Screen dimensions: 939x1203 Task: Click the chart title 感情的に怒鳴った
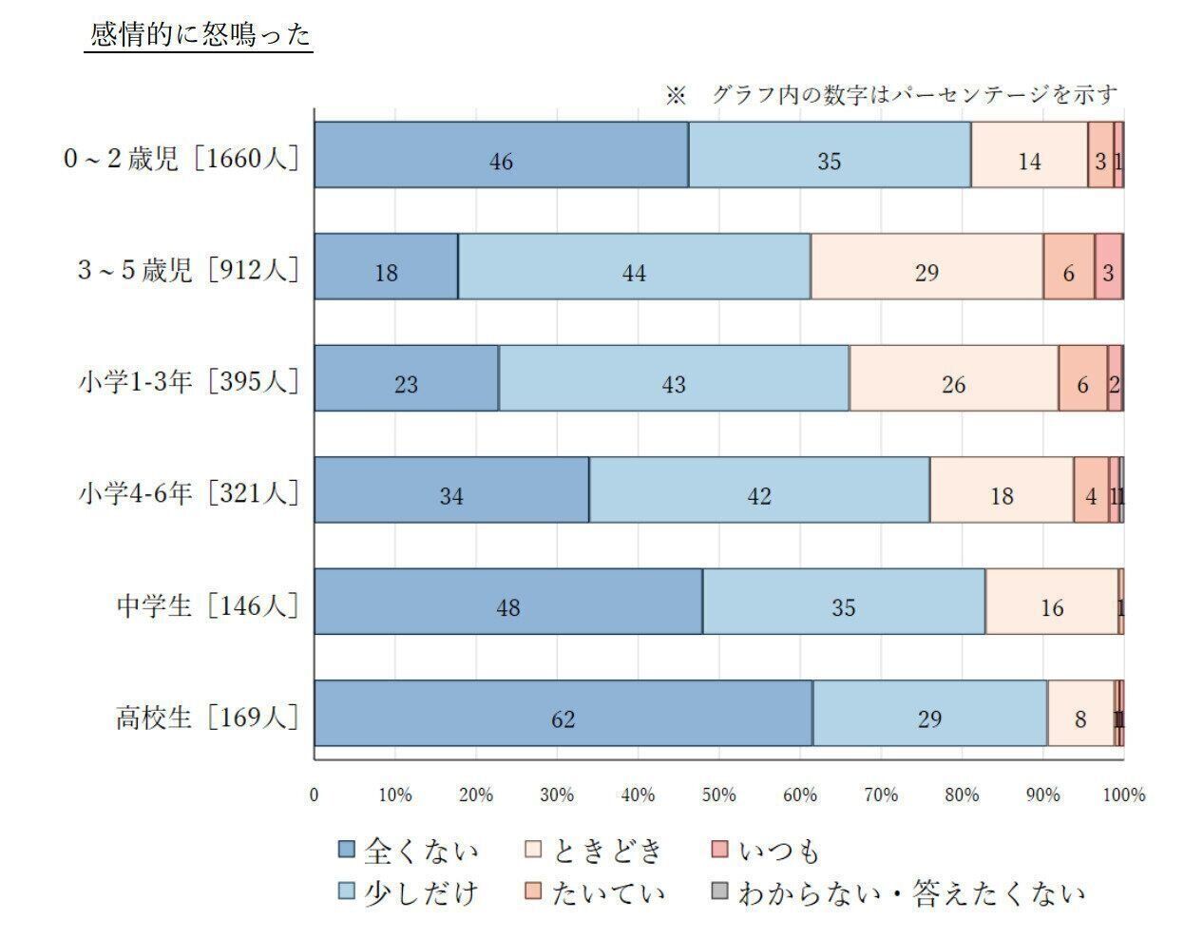tap(200, 36)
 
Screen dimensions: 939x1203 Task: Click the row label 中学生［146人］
tap(207, 605)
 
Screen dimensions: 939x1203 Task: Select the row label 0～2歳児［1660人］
tap(181, 158)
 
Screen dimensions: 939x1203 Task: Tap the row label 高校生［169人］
tap(207, 717)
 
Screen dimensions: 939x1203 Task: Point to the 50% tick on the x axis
tap(719, 795)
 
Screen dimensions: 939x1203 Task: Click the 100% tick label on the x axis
tap(1123, 795)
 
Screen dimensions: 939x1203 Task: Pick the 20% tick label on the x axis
tap(476, 795)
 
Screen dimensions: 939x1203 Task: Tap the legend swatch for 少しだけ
tap(348, 891)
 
